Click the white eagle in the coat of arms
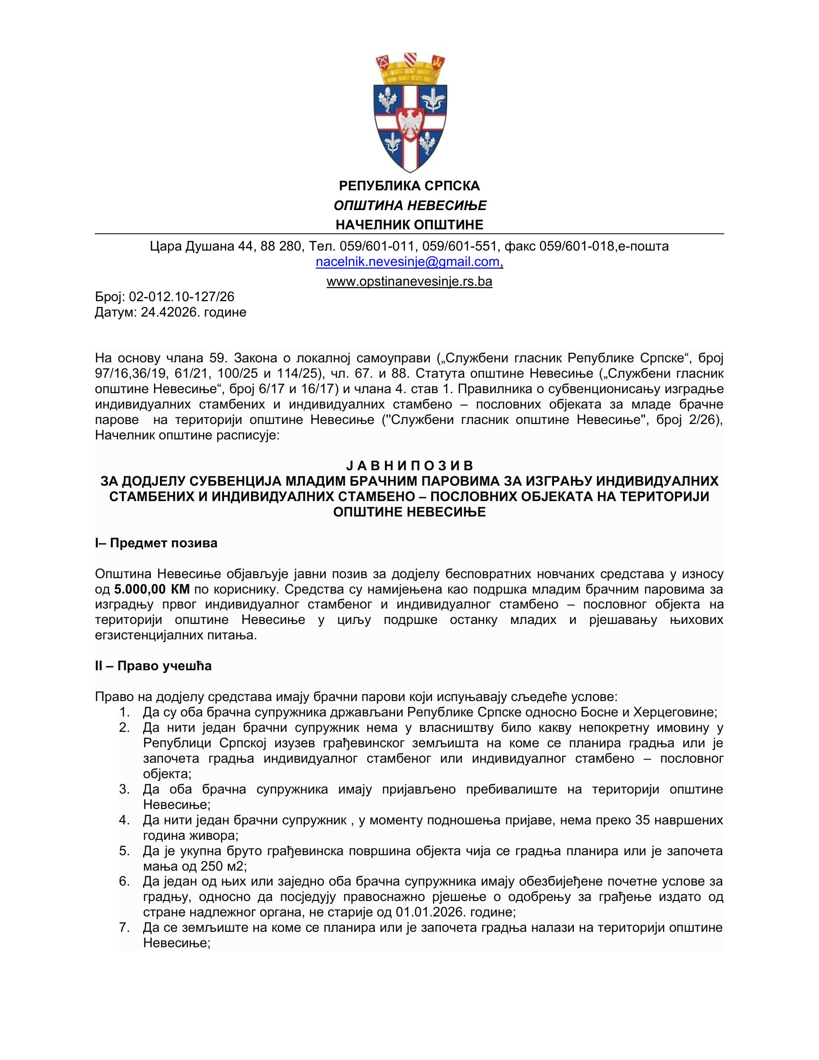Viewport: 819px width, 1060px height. (x=410, y=124)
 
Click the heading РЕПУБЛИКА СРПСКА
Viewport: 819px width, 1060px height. (x=409, y=186)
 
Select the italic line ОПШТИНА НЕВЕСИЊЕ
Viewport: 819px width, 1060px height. (x=410, y=206)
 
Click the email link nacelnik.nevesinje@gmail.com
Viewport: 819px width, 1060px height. (x=408, y=262)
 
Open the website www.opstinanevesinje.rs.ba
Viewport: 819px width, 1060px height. (x=409, y=281)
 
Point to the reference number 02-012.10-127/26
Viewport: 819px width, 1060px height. (x=182, y=296)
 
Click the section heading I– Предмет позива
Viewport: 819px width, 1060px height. (x=156, y=543)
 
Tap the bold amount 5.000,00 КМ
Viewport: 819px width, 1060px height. (x=152, y=590)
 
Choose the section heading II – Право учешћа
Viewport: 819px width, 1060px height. (x=153, y=666)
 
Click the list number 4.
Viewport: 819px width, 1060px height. (x=124, y=820)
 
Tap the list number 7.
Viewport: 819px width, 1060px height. (x=124, y=928)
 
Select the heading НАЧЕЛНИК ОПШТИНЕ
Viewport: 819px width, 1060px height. (x=409, y=225)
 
